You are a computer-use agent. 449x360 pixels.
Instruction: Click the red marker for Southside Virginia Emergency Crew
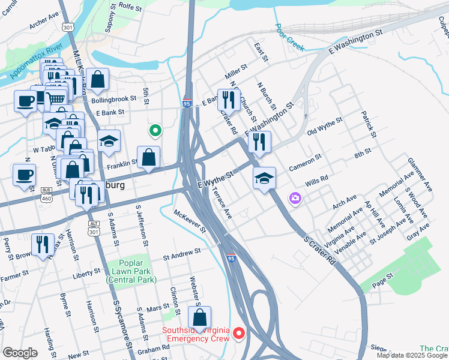[x=239, y=332]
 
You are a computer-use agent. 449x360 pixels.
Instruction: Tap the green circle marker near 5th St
[x=155, y=130]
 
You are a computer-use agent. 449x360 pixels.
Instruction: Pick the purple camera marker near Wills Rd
[x=295, y=197]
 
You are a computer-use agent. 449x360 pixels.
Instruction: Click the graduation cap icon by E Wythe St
[x=264, y=178]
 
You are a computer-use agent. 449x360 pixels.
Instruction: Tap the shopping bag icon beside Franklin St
[x=148, y=157]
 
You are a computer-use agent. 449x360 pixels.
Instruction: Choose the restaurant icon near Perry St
[x=42, y=244]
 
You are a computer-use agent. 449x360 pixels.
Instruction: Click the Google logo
[x=20, y=352]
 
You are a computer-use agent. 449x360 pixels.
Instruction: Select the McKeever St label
[x=190, y=221]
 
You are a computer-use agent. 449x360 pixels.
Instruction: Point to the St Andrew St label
[x=181, y=256]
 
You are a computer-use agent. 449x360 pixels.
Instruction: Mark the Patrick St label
[x=367, y=122]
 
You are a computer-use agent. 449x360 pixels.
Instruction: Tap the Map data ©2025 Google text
[x=412, y=355]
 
